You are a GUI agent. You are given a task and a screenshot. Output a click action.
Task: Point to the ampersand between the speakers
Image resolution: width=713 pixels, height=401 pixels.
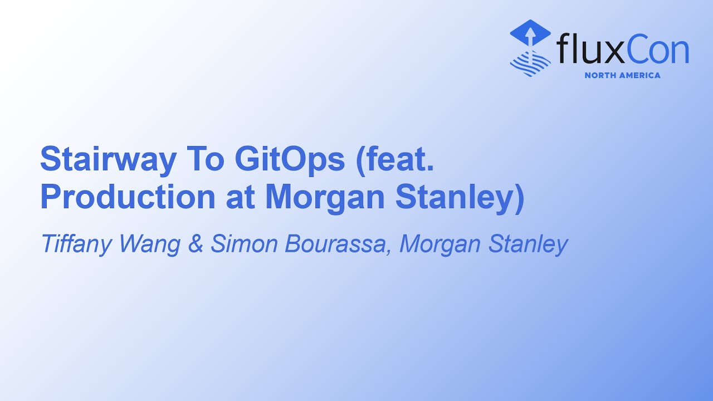(196, 244)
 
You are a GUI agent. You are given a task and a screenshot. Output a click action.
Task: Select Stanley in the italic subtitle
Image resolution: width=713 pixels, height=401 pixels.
(529, 244)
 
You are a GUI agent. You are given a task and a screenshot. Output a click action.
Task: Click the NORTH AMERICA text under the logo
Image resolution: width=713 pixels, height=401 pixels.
(622, 75)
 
